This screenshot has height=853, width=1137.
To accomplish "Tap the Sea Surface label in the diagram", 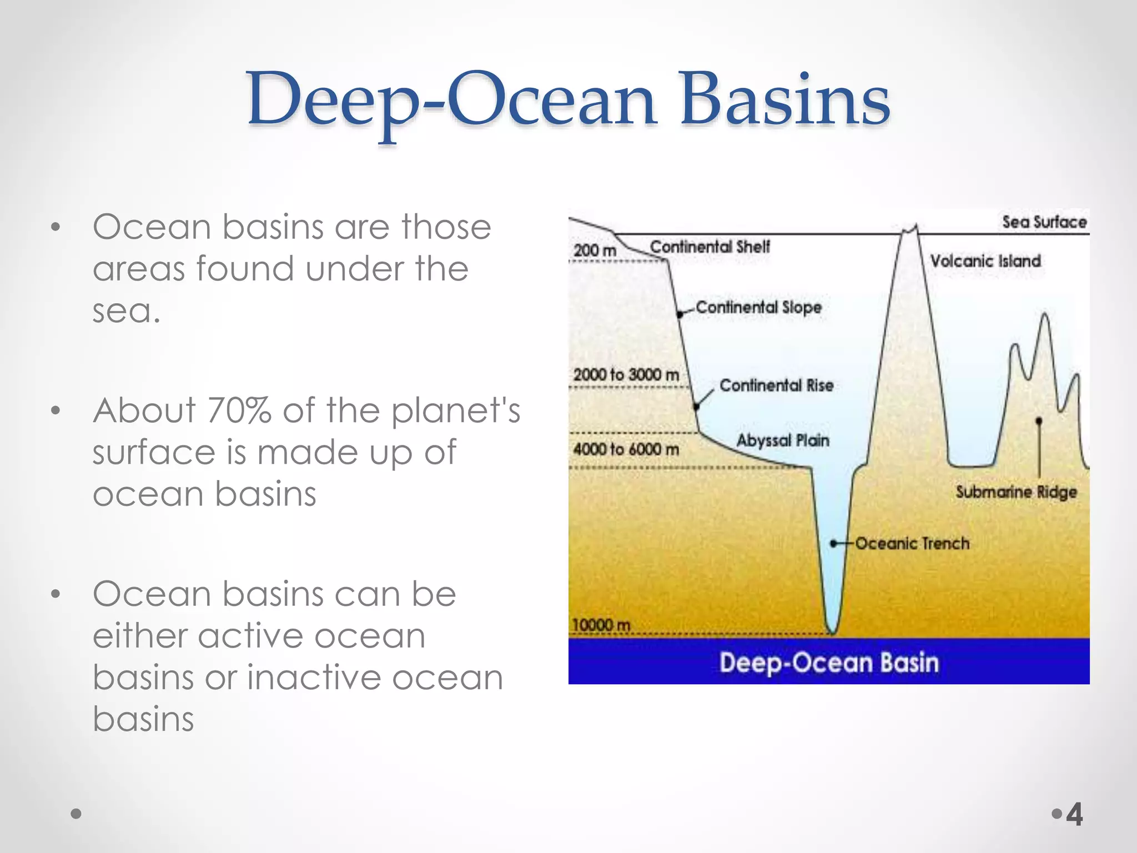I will pyautogui.click(x=1044, y=222).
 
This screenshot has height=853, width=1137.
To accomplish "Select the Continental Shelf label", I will pyautogui.click(x=710, y=247).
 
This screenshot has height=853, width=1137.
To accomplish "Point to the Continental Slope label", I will pyautogui.click(x=758, y=307).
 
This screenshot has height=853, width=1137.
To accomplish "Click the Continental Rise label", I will pyautogui.click(x=776, y=385).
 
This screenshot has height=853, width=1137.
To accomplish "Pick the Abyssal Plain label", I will pyautogui.click(x=783, y=440).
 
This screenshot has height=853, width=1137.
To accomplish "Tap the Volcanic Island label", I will pyautogui.click(x=985, y=261).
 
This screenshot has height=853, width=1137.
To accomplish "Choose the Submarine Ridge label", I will pyautogui.click(x=1016, y=491).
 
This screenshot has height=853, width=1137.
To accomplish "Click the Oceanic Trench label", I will pyautogui.click(x=912, y=543).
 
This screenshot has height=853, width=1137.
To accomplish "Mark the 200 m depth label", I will pyautogui.click(x=595, y=250).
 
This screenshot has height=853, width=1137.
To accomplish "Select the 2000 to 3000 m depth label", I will pyautogui.click(x=626, y=375).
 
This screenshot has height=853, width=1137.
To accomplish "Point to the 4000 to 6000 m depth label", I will pyautogui.click(x=626, y=449).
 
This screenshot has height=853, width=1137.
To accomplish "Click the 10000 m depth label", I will pyautogui.click(x=601, y=625).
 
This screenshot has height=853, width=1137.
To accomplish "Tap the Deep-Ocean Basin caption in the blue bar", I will pyautogui.click(x=829, y=663).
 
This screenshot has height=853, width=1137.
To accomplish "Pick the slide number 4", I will pyautogui.click(x=1075, y=815).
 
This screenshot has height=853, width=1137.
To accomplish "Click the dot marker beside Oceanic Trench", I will pyautogui.click(x=833, y=543).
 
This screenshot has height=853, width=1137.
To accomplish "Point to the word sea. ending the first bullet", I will pyautogui.click(x=127, y=310).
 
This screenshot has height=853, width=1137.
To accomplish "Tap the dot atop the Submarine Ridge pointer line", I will pyautogui.click(x=1039, y=420).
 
